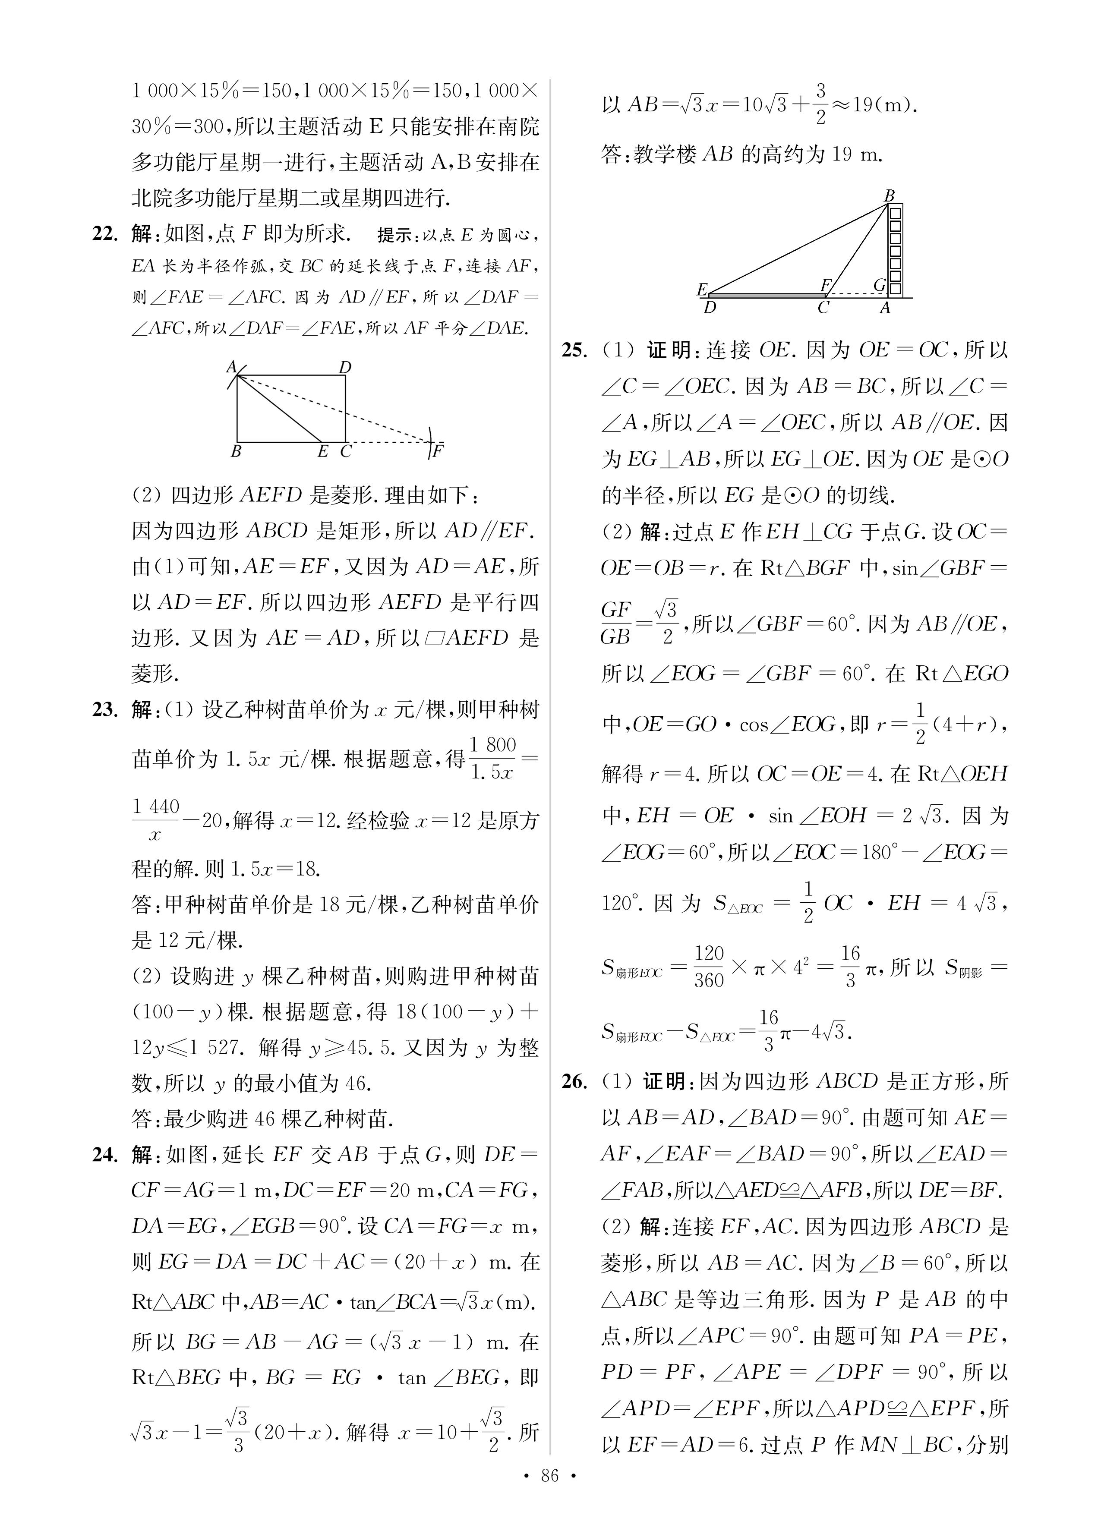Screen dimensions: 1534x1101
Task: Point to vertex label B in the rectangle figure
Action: click(x=236, y=451)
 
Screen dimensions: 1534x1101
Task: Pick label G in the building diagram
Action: click(x=879, y=285)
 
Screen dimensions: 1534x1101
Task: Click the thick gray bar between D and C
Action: click(x=765, y=296)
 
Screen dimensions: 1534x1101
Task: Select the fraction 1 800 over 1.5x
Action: click(x=492, y=758)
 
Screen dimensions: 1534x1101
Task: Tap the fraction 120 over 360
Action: click(x=709, y=967)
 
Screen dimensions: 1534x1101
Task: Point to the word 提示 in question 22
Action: click(x=394, y=235)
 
